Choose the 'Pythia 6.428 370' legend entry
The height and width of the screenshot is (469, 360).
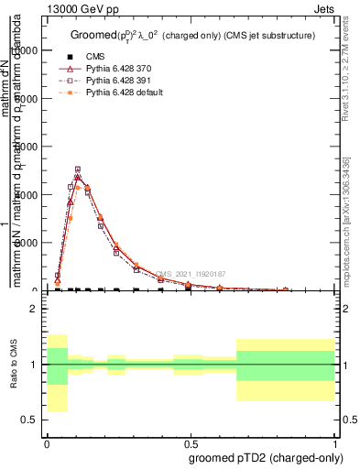(115, 69)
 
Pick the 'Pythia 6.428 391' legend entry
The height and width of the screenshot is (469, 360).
(115, 81)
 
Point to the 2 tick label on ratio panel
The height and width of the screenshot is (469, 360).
(35, 309)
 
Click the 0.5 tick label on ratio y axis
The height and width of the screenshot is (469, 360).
(30, 420)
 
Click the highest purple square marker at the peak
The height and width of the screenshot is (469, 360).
(78, 169)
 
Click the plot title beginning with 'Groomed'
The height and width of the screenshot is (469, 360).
(193, 35)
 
